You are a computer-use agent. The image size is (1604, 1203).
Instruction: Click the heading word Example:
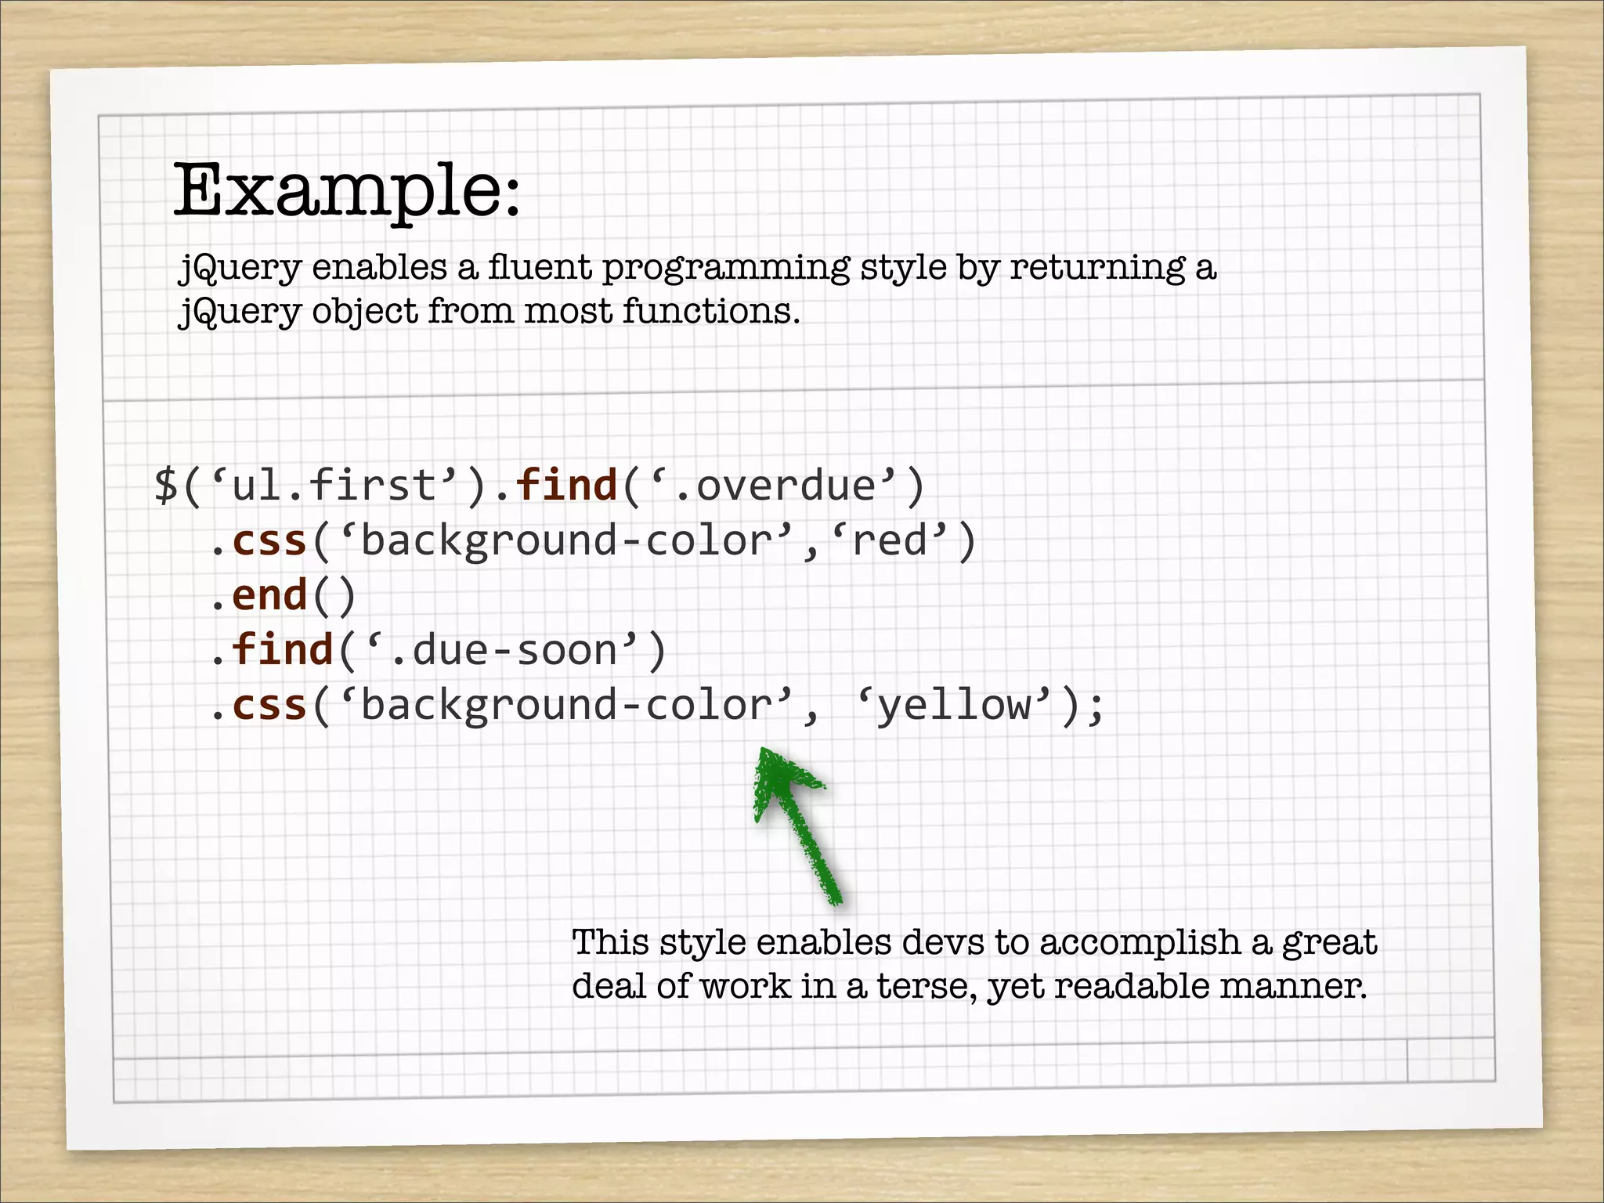pyautogui.click(x=346, y=190)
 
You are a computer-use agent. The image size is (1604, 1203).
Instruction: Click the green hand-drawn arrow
pyautogui.click(x=795, y=822)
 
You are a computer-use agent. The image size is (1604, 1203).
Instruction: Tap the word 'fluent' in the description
pyautogui.click(x=540, y=267)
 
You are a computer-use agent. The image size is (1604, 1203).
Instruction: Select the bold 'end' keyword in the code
pyautogui.click(x=269, y=595)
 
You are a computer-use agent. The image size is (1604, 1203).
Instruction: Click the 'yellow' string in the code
pyautogui.click(x=953, y=706)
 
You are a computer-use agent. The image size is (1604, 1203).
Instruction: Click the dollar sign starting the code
pyautogui.click(x=166, y=486)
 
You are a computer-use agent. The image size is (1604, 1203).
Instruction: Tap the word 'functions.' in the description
pyautogui.click(x=711, y=311)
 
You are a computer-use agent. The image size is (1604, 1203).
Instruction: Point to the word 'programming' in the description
pyautogui.click(x=725, y=269)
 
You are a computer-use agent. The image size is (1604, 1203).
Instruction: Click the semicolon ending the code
pyautogui.click(x=1096, y=706)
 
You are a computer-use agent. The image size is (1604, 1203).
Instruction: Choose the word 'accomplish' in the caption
pyautogui.click(x=1140, y=943)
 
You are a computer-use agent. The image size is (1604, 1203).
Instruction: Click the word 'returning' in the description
pyautogui.click(x=1097, y=269)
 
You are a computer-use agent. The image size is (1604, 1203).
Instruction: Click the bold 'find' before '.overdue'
pyautogui.click(x=567, y=486)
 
